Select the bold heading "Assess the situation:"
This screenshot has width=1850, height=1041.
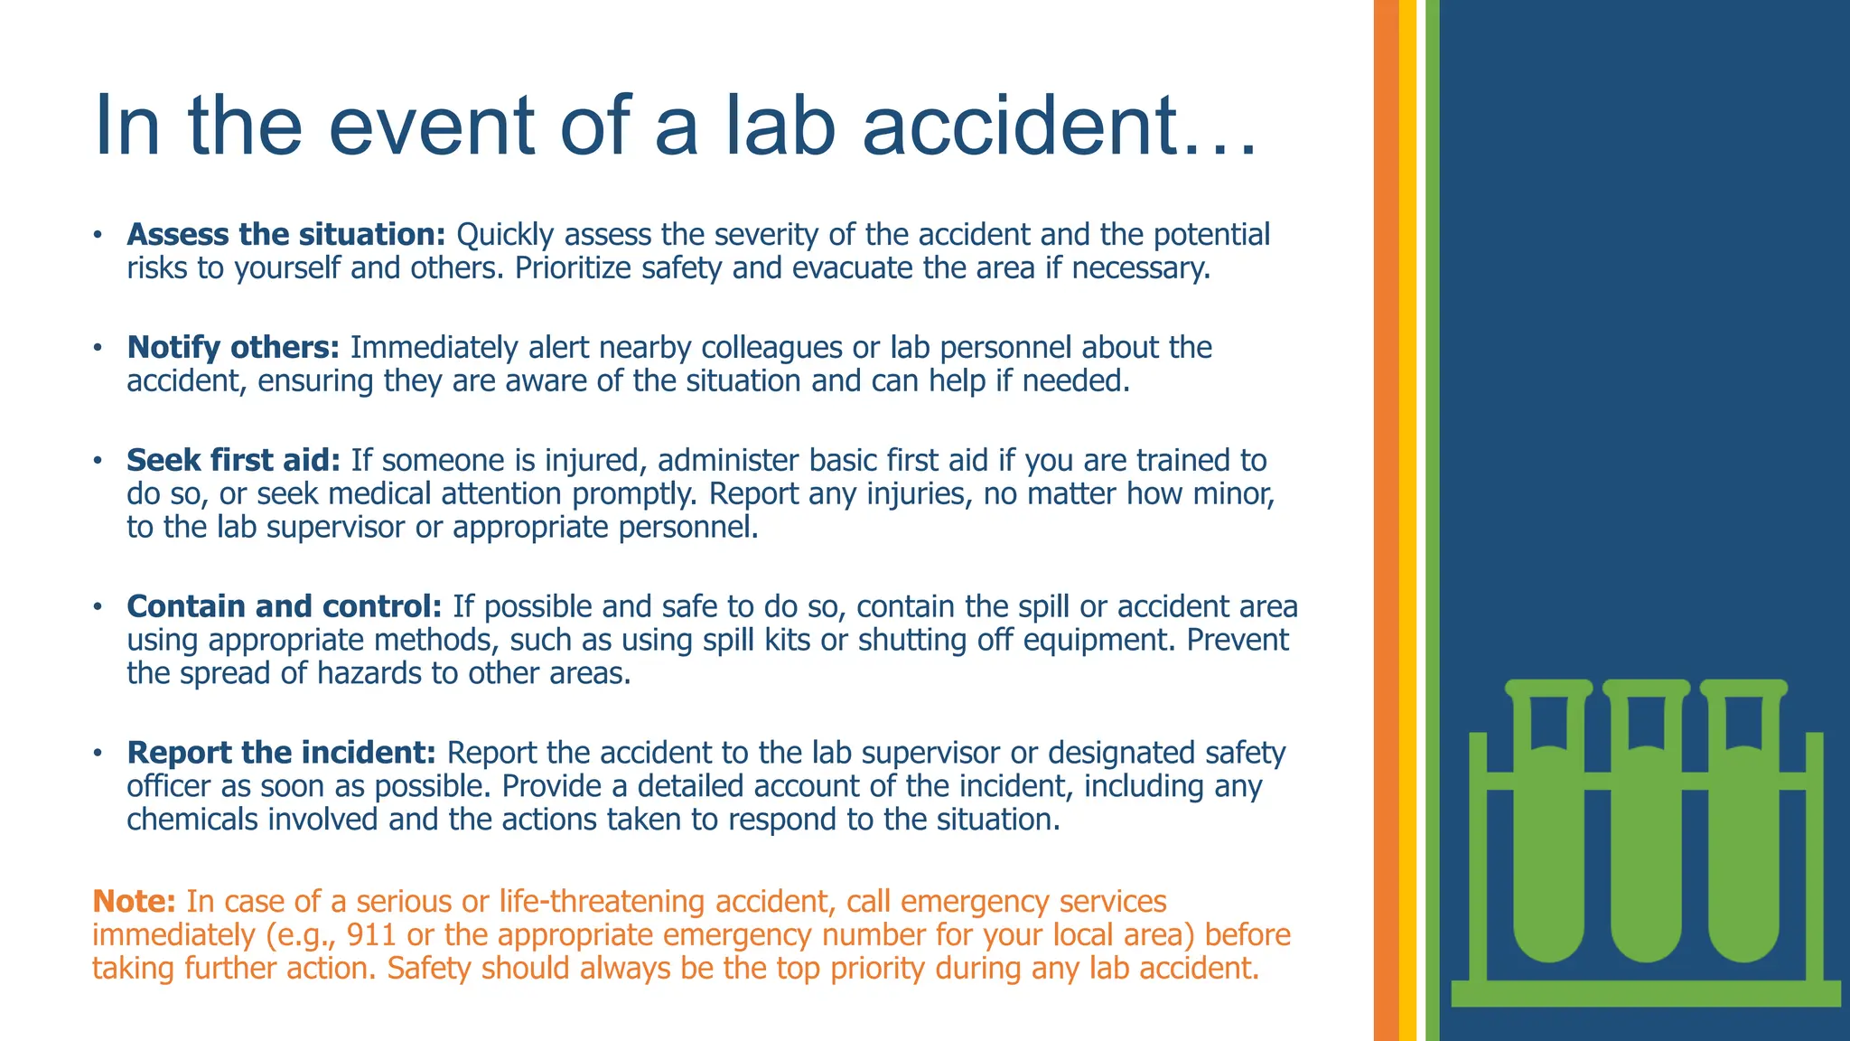(x=286, y=235)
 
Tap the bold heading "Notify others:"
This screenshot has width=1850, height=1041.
(x=233, y=348)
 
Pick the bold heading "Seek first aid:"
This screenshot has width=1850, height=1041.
(x=233, y=461)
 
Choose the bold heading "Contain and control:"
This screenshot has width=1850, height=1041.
(x=284, y=606)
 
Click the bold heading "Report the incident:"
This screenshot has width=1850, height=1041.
(x=281, y=753)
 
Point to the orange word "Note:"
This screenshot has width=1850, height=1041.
(x=134, y=902)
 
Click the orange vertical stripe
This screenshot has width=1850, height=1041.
(x=1386, y=520)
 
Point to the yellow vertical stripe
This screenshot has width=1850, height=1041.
(x=1407, y=520)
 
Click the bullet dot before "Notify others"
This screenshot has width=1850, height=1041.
(x=97, y=349)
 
